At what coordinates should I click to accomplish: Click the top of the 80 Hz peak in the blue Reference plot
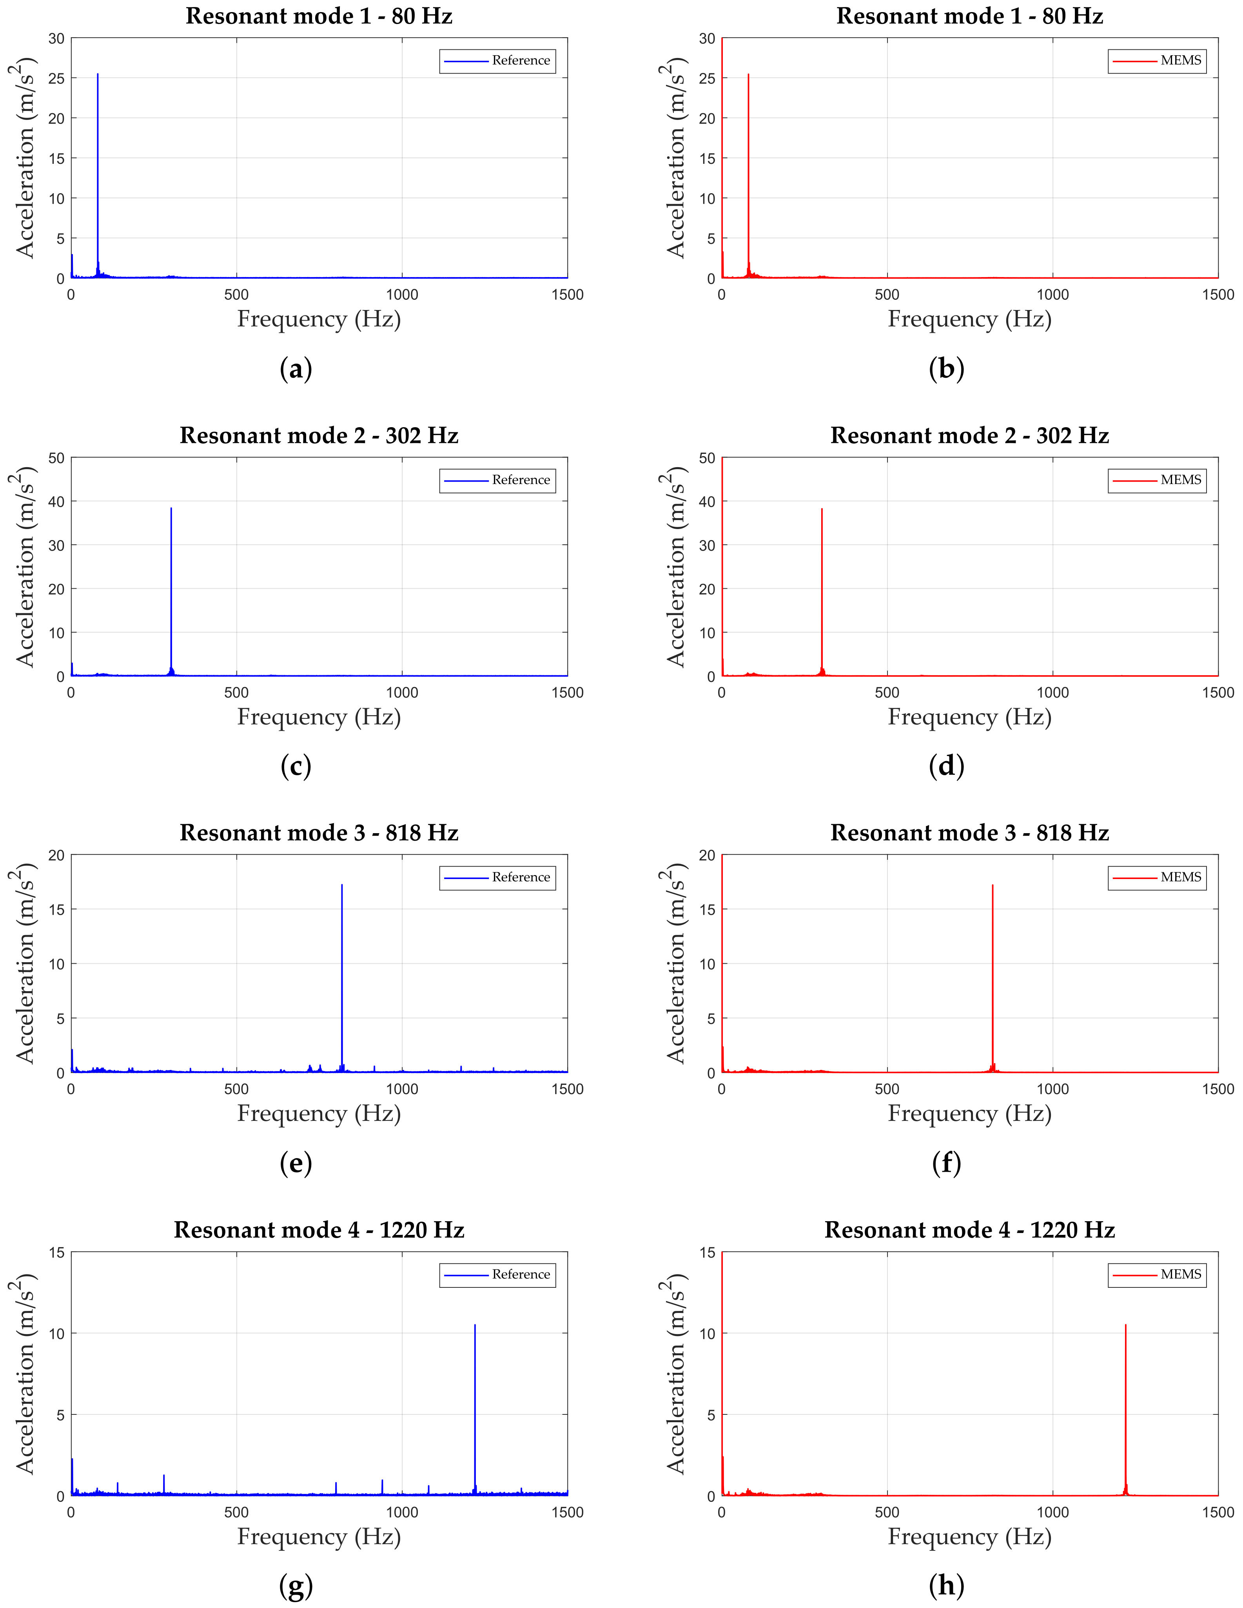click(98, 74)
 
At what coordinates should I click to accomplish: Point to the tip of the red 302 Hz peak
click(822, 509)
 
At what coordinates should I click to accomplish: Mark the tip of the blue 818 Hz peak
click(342, 885)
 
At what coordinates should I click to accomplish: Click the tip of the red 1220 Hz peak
click(1125, 1325)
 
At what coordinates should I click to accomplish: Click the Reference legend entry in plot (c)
click(498, 480)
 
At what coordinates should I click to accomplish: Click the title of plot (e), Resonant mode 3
click(319, 833)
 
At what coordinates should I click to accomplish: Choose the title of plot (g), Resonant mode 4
click(319, 1230)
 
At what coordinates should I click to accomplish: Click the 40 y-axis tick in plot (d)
click(707, 501)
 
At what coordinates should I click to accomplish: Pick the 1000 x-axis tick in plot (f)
click(1052, 1089)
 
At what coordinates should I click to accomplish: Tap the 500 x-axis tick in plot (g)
click(236, 1512)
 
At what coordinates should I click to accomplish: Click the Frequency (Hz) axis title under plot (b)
click(969, 319)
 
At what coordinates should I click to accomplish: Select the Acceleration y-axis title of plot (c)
click(25, 567)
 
